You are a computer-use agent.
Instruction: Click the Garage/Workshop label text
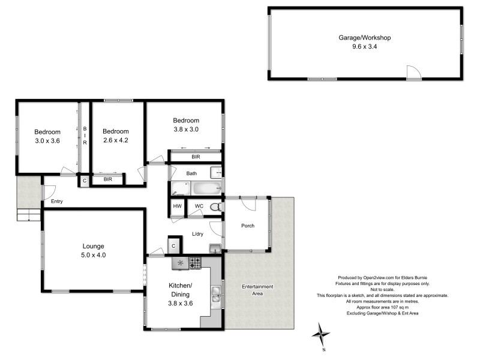coord(365,37)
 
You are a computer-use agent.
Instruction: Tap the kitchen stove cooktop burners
coord(195,262)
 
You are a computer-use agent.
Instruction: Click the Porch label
coord(247,226)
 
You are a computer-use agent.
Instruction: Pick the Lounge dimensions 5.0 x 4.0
coord(93,255)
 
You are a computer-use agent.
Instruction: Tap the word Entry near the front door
coord(57,202)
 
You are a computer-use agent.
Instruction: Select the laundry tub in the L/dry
coord(215,248)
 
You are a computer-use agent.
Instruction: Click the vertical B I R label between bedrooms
coord(85,136)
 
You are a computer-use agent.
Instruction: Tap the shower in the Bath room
coord(178,189)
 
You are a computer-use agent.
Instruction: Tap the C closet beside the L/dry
coord(173,246)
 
